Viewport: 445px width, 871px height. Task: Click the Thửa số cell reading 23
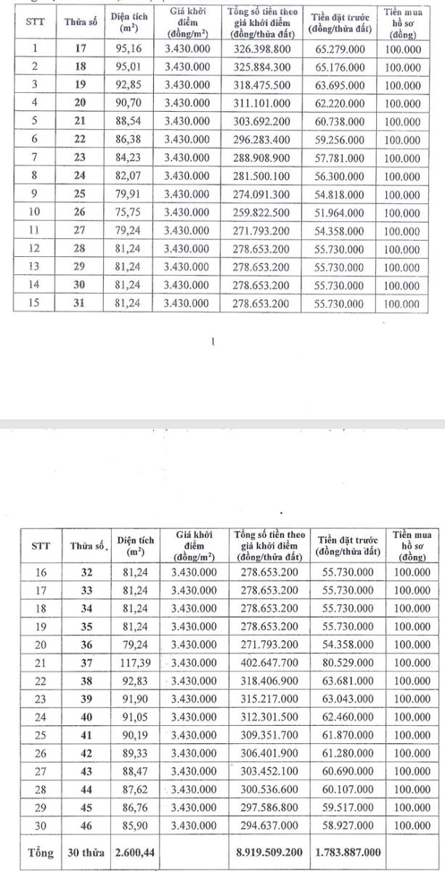coord(80,158)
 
